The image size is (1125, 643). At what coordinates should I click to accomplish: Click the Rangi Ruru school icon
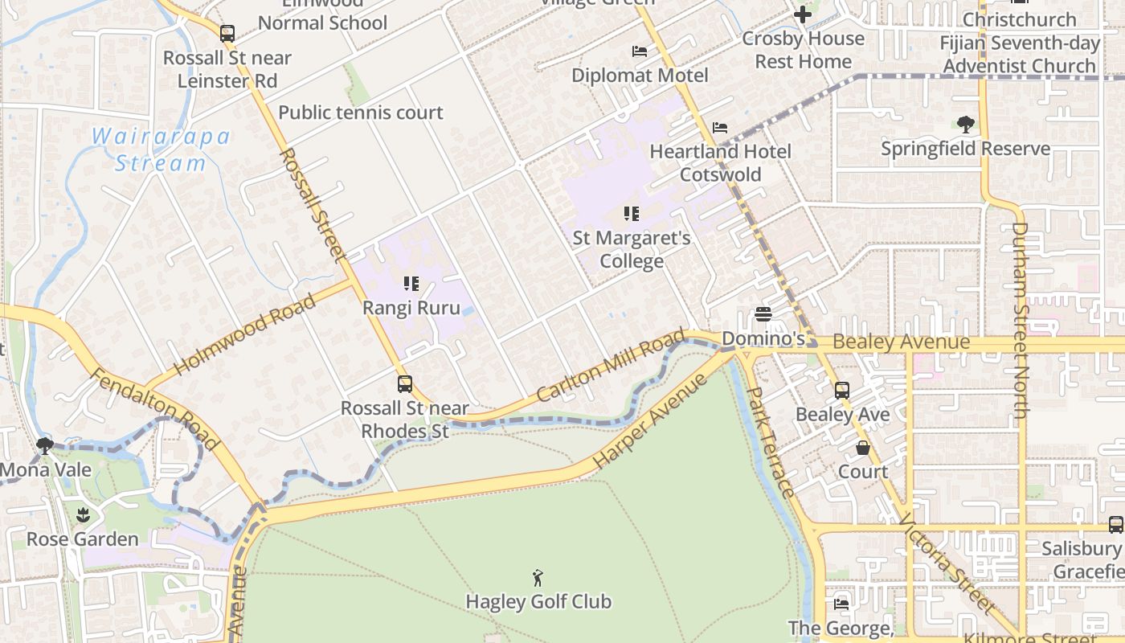tap(411, 284)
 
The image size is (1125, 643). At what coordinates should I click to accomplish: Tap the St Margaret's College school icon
tap(632, 214)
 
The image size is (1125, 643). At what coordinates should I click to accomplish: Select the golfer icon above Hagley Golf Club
tap(538, 577)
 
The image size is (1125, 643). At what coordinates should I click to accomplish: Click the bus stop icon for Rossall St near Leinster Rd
tap(227, 34)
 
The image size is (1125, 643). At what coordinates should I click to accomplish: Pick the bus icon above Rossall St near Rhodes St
tap(405, 384)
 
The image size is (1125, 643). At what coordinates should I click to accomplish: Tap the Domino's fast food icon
tap(763, 314)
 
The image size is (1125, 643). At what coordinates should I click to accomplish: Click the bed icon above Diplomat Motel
tap(640, 51)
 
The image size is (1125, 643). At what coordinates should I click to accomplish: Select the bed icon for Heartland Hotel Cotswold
tap(720, 128)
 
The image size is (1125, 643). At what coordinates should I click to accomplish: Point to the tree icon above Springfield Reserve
tap(965, 125)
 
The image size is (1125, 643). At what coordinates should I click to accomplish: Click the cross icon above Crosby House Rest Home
tap(803, 14)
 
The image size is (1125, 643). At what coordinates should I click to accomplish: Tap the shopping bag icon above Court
tap(863, 448)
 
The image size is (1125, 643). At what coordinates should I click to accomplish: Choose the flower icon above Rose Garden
tap(82, 514)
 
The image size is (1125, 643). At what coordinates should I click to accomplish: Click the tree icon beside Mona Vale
tap(45, 445)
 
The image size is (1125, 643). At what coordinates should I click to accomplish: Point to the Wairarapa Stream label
tap(161, 149)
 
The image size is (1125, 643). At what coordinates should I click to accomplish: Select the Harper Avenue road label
tap(651, 421)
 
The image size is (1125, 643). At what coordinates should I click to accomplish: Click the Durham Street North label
tap(1020, 320)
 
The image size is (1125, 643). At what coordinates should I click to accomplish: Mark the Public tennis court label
tap(360, 113)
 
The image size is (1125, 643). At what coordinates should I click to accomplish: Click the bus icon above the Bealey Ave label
tap(842, 391)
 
